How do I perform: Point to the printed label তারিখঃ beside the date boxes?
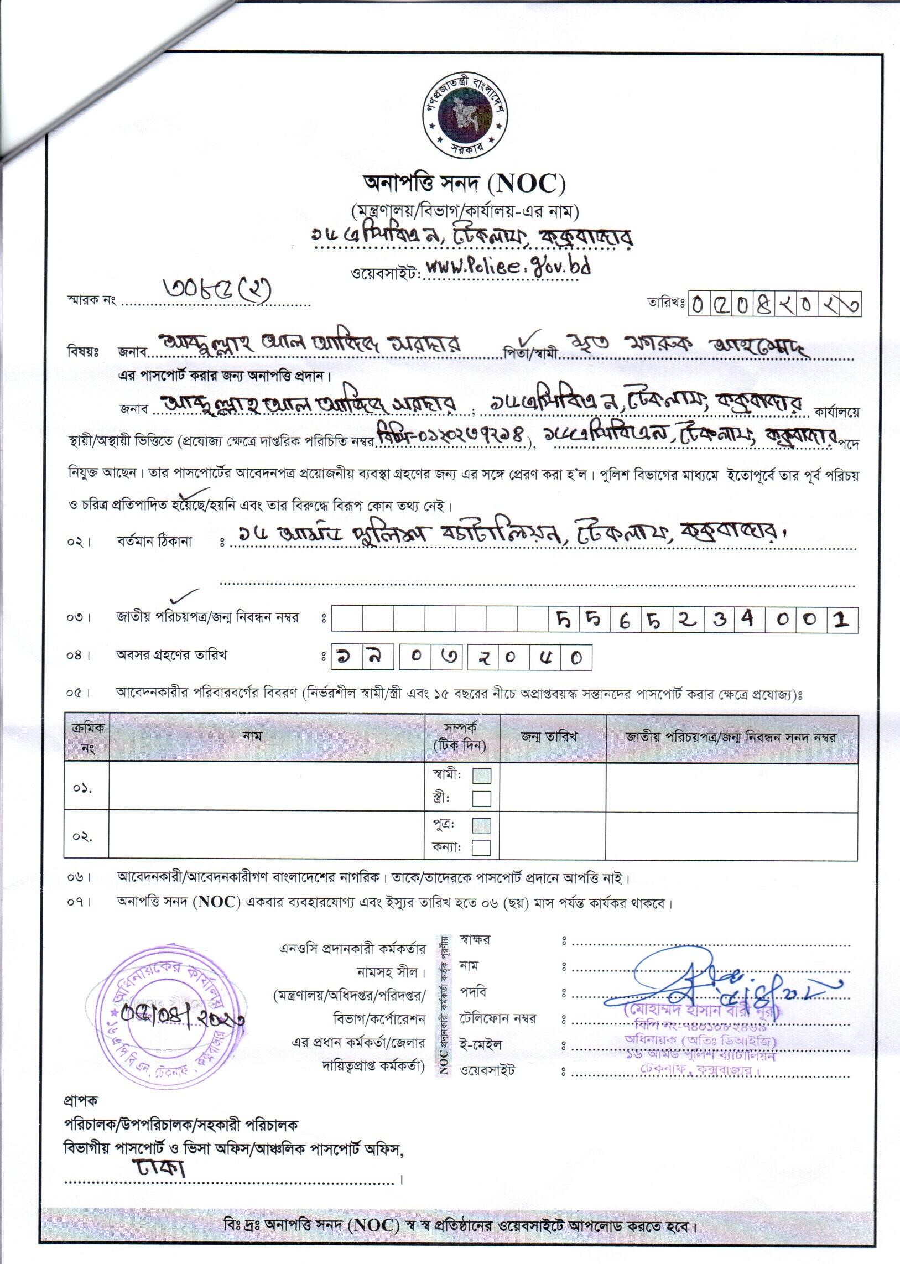tap(665, 303)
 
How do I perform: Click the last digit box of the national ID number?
tap(841, 620)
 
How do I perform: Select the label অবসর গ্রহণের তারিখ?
tap(171, 655)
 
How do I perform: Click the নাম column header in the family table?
tap(252, 736)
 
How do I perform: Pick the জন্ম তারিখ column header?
tap(549, 736)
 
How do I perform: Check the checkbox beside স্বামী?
tap(482, 775)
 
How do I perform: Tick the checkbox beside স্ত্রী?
tap(482, 799)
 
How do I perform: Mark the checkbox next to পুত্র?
tap(482, 825)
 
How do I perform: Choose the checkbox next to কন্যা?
tap(482, 848)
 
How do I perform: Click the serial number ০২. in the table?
tap(82, 836)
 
